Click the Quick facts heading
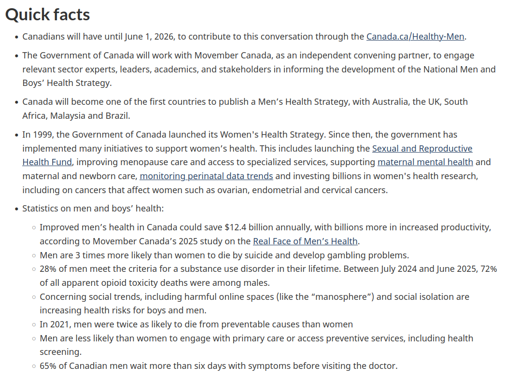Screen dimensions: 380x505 click(x=47, y=14)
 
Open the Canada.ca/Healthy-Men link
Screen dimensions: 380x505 click(x=415, y=36)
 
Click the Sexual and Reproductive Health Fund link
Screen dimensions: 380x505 click(x=422, y=148)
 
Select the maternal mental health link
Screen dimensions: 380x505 click(x=425, y=162)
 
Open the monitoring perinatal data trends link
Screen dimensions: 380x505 click(x=206, y=176)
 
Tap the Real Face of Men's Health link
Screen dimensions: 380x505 click(x=305, y=241)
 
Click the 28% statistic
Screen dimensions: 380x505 click(x=48, y=269)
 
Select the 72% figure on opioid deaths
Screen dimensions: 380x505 click(x=488, y=269)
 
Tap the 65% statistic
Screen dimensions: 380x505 click(x=48, y=366)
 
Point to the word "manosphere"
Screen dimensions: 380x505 click(x=344, y=296)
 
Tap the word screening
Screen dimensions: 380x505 click(x=60, y=352)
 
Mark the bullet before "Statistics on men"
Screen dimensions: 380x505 click(x=16, y=209)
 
